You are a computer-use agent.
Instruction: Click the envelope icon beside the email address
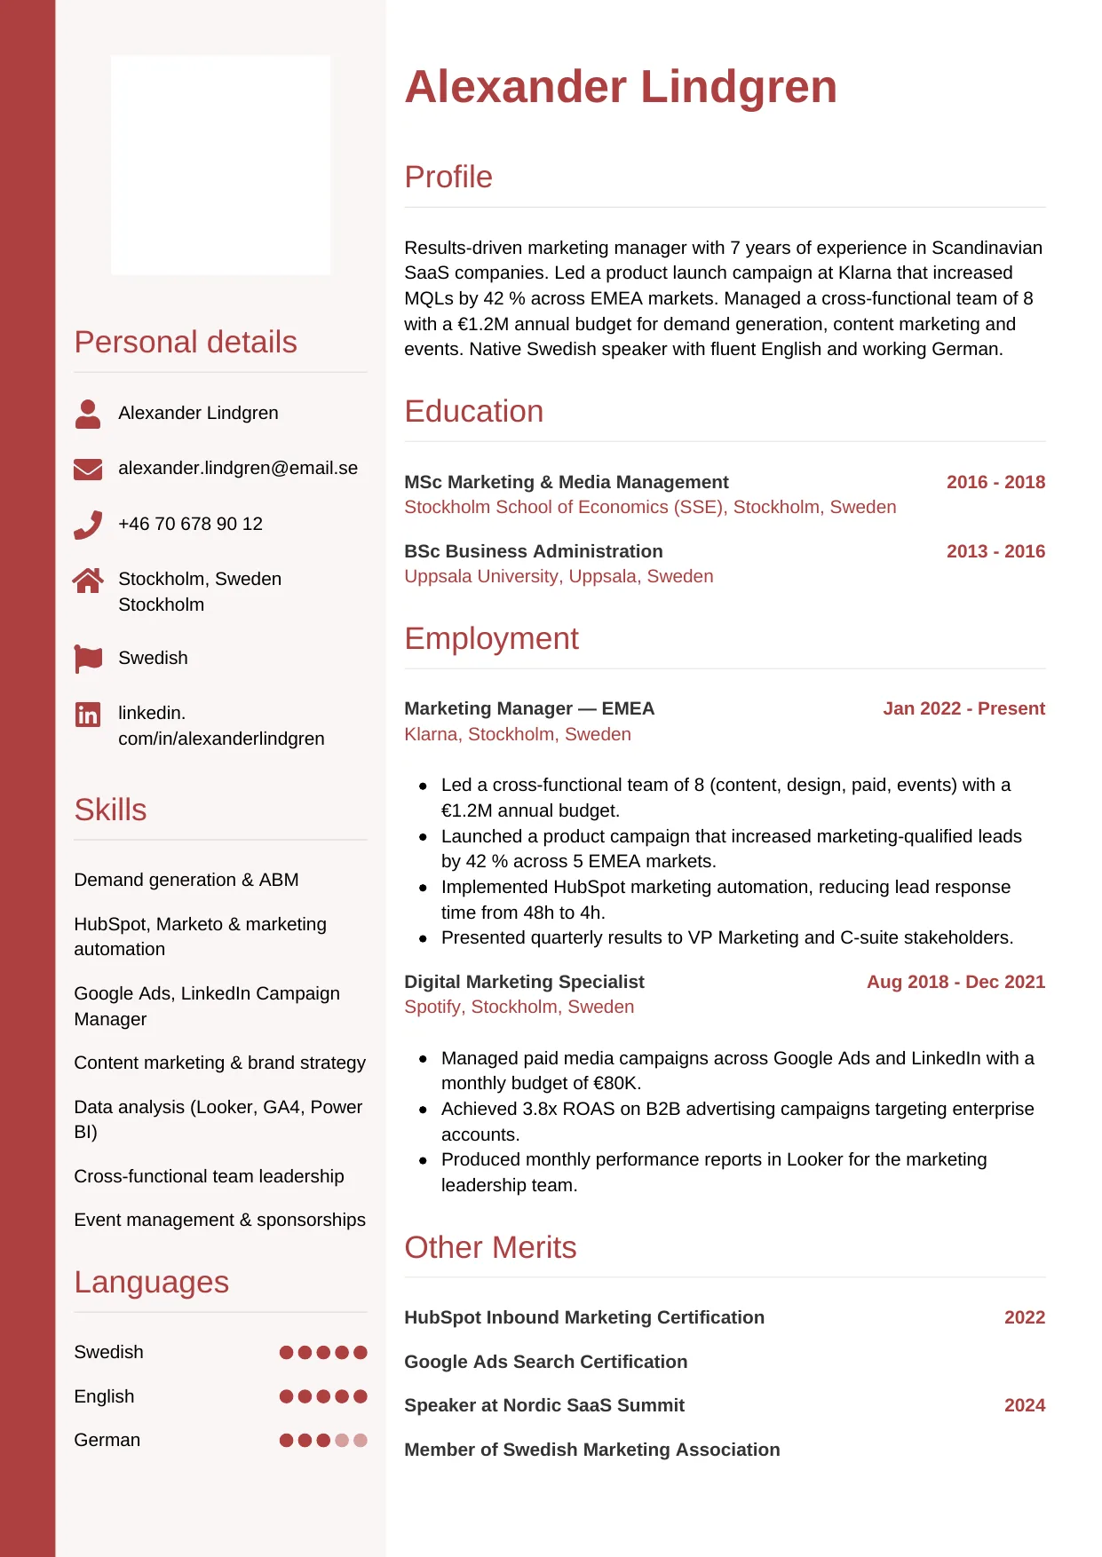[x=88, y=469]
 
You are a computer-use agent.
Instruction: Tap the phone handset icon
[x=88, y=525]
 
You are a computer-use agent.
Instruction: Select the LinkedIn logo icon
[x=88, y=714]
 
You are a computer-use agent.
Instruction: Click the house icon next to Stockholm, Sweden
[x=88, y=581]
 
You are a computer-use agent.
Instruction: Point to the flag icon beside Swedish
[x=88, y=659]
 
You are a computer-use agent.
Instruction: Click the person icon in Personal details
[x=88, y=414]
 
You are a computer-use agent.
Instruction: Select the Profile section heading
[x=448, y=177]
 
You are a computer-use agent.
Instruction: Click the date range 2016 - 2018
[x=995, y=482]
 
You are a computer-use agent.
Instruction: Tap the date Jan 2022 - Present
[x=963, y=708]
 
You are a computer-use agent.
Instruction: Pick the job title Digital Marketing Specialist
[x=524, y=982]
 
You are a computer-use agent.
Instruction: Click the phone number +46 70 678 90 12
[x=190, y=524]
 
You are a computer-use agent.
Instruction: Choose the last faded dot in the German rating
[x=361, y=1440]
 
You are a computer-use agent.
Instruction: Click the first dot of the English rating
[x=286, y=1396]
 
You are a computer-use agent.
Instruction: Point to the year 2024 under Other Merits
[x=1024, y=1405]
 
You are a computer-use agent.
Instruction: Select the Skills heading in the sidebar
[x=110, y=810]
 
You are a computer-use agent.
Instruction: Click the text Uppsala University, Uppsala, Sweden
[x=559, y=576]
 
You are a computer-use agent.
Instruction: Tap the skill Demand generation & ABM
[x=186, y=880]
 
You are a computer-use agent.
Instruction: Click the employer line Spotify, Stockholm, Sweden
[x=519, y=1007]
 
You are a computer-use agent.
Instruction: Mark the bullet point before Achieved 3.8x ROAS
[x=423, y=1110]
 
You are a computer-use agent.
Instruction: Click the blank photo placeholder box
[x=220, y=165]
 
